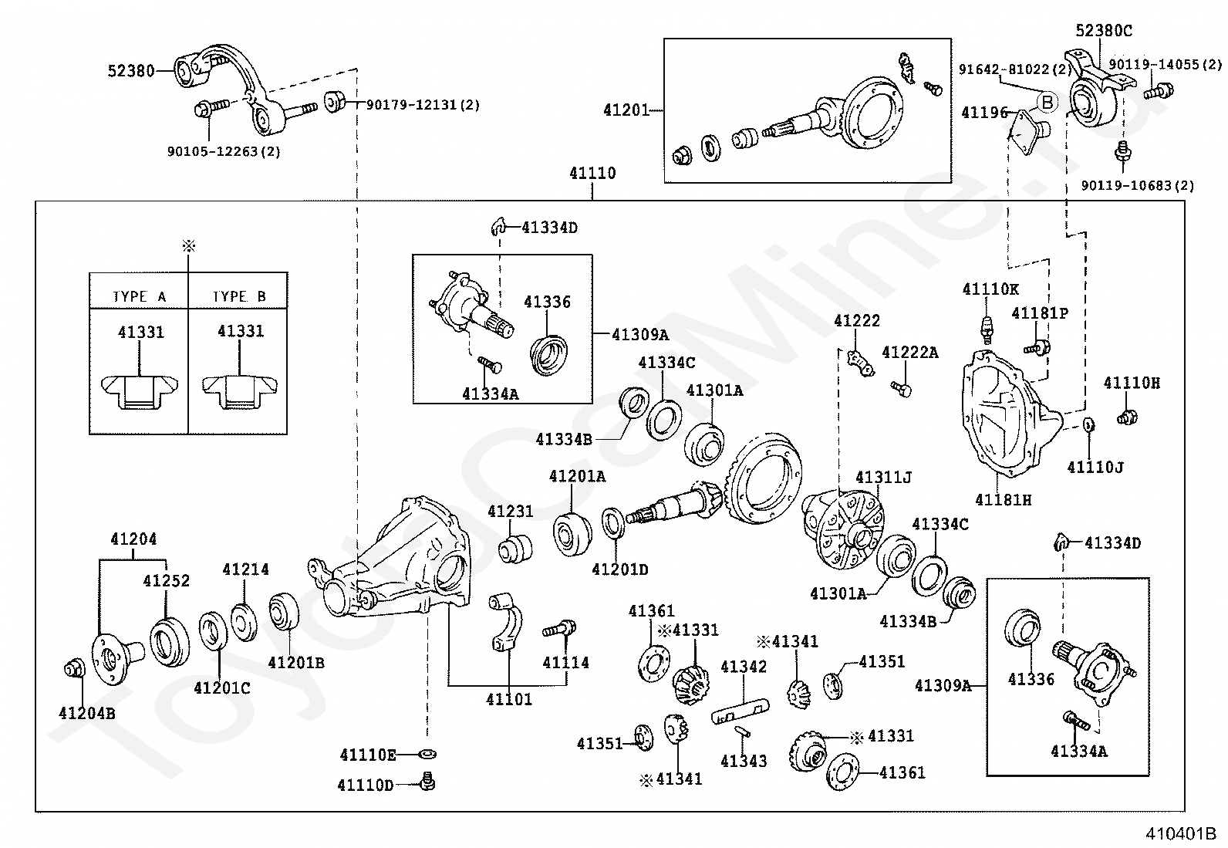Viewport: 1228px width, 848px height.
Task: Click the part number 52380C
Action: tap(1104, 31)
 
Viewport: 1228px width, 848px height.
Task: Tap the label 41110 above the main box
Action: tap(592, 174)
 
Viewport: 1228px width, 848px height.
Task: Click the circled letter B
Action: tap(1048, 102)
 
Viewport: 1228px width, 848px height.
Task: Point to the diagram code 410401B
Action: tap(1181, 834)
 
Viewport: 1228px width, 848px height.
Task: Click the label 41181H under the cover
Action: tap(1004, 500)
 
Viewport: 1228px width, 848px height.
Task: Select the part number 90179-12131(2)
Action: tap(423, 105)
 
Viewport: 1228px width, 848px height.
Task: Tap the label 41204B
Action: tap(86, 713)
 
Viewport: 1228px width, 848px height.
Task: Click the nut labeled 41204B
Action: tap(75, 669)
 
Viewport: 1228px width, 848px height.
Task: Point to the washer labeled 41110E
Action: tap(427, 755)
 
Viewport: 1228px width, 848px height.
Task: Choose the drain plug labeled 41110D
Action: tap(427, 782)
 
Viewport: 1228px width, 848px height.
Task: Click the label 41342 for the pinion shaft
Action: tap(744, 667)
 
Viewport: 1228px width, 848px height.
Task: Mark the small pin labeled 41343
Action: tap(742, 731)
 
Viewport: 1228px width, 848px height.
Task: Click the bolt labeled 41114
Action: tap(559, 628)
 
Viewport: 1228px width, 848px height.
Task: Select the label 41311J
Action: tap(883, 477)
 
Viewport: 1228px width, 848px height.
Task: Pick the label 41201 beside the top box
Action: tap(626, 110)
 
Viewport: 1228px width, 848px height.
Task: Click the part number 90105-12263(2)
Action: tap(224, 151)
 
